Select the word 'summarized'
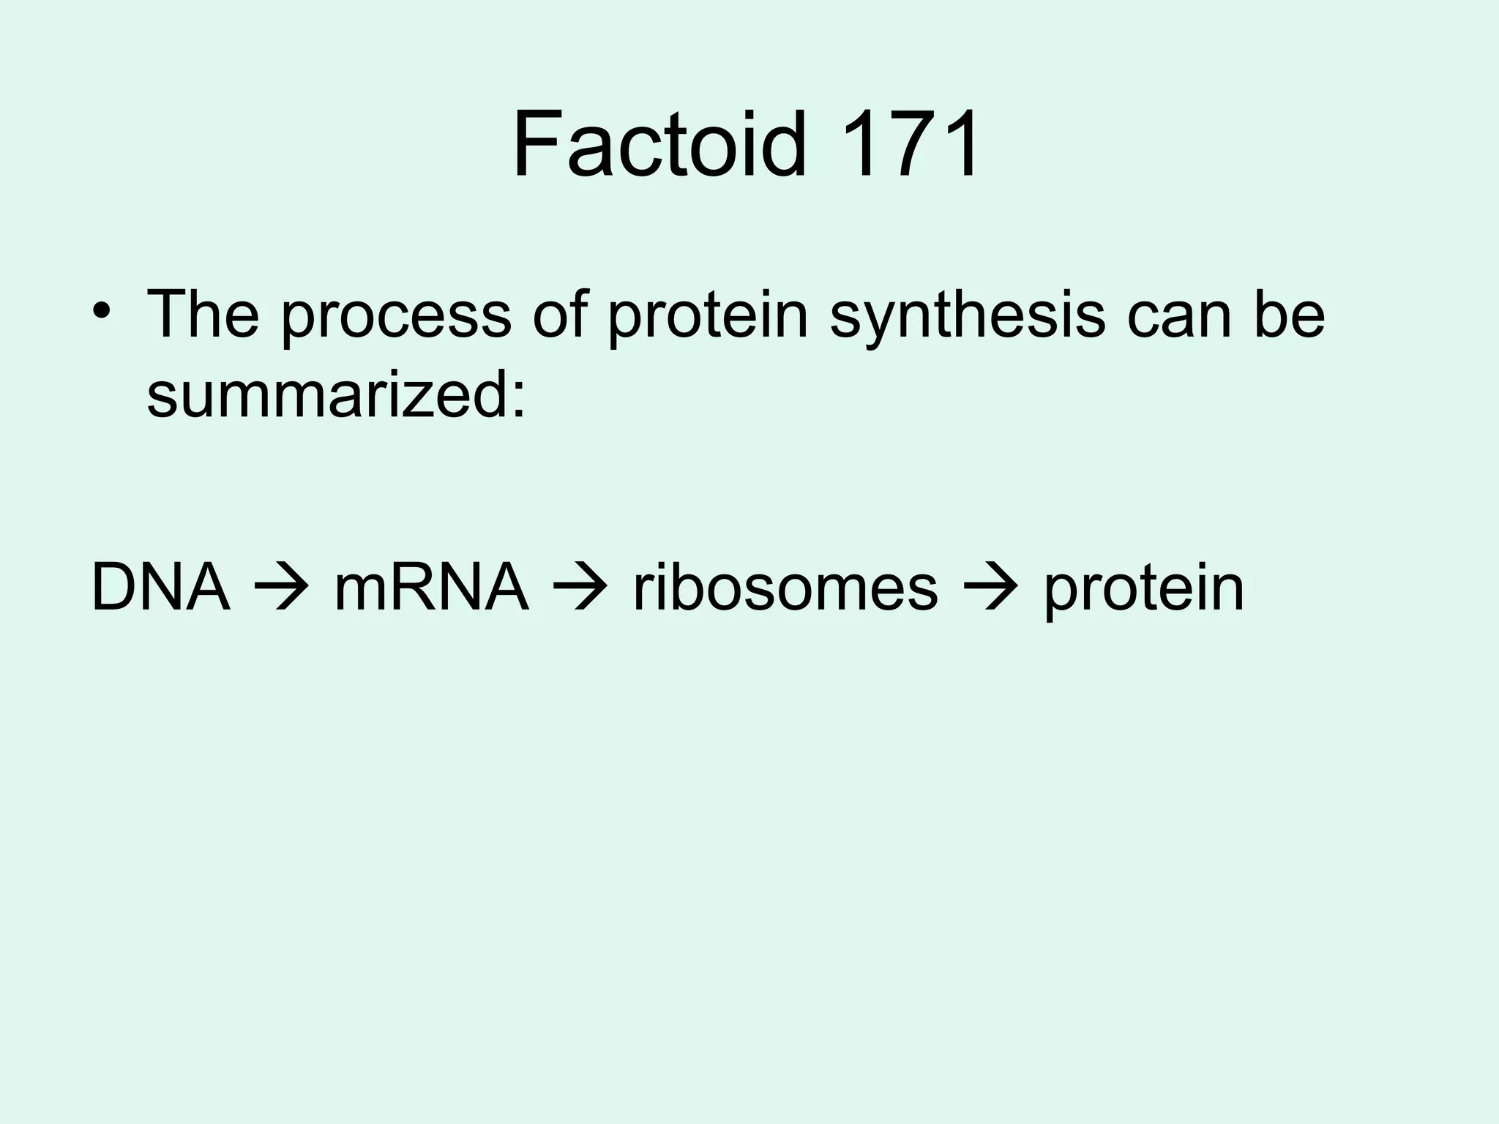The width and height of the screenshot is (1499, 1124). tap(327, 395)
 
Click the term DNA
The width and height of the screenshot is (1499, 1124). tap(160, 588)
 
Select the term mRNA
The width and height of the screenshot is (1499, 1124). tap(431, 588)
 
